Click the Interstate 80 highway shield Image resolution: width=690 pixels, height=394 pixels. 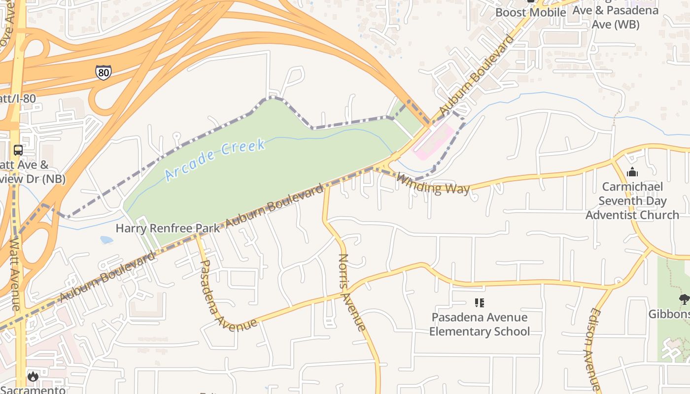(103, 72)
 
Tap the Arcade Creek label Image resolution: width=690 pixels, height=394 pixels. (215, 159)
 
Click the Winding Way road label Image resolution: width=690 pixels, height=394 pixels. (433, 184)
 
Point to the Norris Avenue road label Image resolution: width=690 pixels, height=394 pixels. (352, 292)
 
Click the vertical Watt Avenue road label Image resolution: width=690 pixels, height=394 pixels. (15, 273)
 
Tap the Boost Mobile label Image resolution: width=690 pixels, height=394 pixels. (530, 12)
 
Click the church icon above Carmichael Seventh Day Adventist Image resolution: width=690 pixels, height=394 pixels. (632, 172)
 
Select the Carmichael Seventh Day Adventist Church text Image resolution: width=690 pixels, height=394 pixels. (632, 201)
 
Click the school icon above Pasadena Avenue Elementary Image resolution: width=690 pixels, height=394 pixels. (479, 303)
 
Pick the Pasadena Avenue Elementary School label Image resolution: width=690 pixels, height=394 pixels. (479, 324)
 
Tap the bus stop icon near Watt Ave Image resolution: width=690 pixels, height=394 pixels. (18, 150)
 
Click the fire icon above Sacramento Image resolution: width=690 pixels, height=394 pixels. (33, 377)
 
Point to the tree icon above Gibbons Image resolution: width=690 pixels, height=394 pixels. (684, 299)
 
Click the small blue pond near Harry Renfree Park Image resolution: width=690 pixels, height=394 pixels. (106, 240)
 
